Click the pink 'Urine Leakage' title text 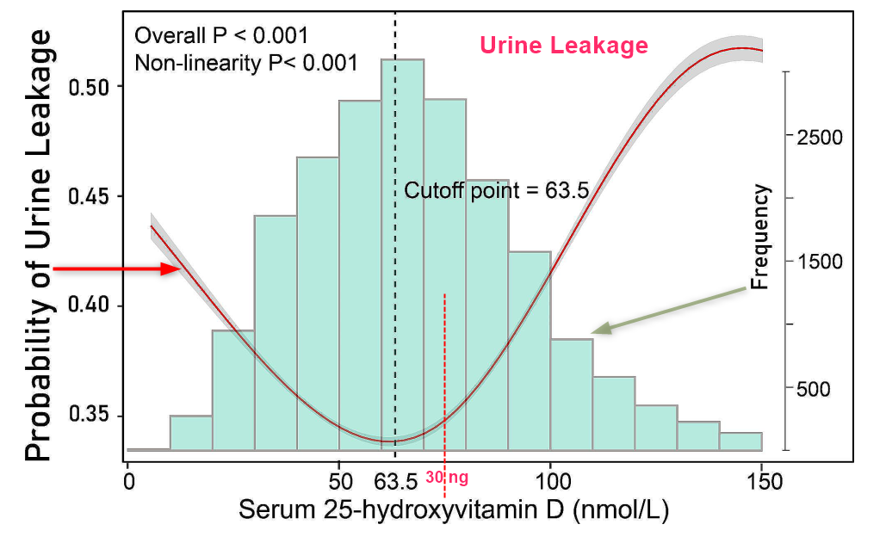pos(564,46)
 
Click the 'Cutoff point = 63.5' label pos(497,190)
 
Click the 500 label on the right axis pos(815,389)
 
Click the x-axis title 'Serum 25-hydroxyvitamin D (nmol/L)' pos(453,510)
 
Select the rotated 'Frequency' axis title pos(761,237)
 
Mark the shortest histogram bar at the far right pos(740,441)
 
